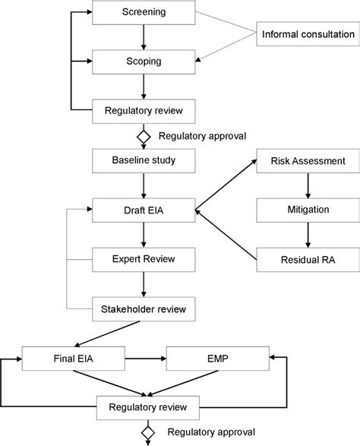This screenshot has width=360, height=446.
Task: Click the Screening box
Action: pyautogui.click(x=144, y=12)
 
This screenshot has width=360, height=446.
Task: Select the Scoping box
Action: pyautogui.click(x=144, y=62)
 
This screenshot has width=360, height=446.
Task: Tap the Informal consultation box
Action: pyautogui.click(x=308, y=34)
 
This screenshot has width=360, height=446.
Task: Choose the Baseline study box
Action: pyautogui.click(x=144, y=161)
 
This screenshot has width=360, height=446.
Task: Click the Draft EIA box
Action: pyautogui.click(x=144, y=210)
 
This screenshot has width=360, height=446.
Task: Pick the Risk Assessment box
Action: pyautogui.click(x=308, y=161)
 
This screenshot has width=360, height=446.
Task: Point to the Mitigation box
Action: pyautogui.click(x=308, y=210)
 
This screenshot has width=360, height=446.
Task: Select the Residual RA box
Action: pyautogui.click(x=308, y=260)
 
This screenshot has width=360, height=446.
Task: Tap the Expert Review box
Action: pyautogui.click(x=144, y=260)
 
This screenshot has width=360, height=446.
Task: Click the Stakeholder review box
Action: pyautogui.click(x=144, y=309)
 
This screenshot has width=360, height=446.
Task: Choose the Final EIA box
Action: pyautogui.click(x=74, y=359)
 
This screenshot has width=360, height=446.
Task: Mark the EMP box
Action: pyautogui.click(x=218, y=359)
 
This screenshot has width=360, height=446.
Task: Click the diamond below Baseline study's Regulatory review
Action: pyautogui.click(x=144, y=137)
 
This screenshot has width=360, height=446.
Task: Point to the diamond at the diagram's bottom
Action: pyautogui.click(x=148, y=432)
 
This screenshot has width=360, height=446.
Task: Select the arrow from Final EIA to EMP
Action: pyautogui.click(x=146, y=359)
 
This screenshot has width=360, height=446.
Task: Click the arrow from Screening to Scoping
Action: pyautogui.click(x=144, y=37)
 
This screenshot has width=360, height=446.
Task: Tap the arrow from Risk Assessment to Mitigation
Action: pyautogui.click(x=308, y=185)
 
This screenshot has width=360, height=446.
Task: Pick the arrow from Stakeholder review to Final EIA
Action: pyautogui.click(x=107, y=334)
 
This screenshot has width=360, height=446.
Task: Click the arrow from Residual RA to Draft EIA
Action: pyautogui.click(x=226, y=235)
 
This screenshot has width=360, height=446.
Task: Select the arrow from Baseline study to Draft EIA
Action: pyautogui.click(x=144, y=185)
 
